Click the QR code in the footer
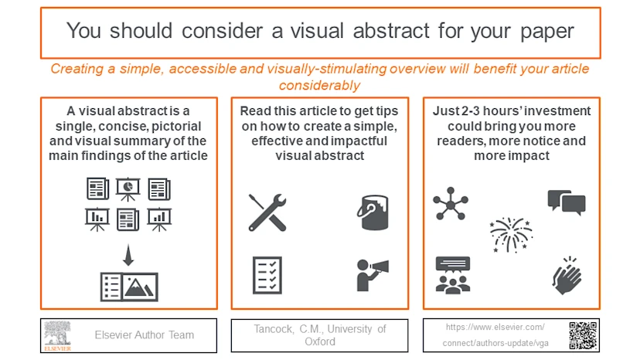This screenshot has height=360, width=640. (x=583, y=335)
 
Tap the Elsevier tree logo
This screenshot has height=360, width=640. (x=57, y=335)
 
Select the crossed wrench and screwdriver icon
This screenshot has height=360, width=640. (x=267, y=212)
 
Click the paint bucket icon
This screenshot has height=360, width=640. (x=372, y=212)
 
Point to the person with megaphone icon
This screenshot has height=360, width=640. (x=371, y=274)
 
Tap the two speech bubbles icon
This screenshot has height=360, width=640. (x=566, y=202)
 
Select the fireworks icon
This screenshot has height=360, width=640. (x=510, y=234)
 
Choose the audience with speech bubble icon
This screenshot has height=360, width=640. (x=452, y=274)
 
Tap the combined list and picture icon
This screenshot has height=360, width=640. (x=129, y=287)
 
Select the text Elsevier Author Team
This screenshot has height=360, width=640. (x=145, y=335)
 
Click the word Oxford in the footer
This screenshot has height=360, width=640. (x=319, y=341)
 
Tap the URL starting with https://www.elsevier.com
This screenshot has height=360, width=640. (x=495, y=328)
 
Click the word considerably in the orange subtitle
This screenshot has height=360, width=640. (x=319, y=85)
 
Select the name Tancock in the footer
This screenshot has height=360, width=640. (x=274, y=329)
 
